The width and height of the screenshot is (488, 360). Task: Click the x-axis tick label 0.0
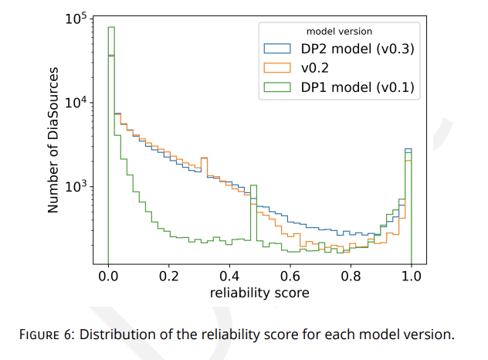pos(108,277)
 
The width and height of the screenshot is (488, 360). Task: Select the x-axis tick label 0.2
pos(168,277)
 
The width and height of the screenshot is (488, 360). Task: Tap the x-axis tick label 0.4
pos(229,277)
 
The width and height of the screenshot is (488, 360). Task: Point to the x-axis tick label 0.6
pos(290,277)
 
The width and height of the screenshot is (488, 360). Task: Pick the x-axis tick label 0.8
pos(351,277)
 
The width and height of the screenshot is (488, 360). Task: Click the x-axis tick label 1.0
pos(411,277)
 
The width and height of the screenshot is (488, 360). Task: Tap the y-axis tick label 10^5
pos(75,19)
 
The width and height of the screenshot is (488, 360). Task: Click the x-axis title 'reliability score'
pos(259,293)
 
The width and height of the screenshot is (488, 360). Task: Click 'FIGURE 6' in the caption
pos(47,335)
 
